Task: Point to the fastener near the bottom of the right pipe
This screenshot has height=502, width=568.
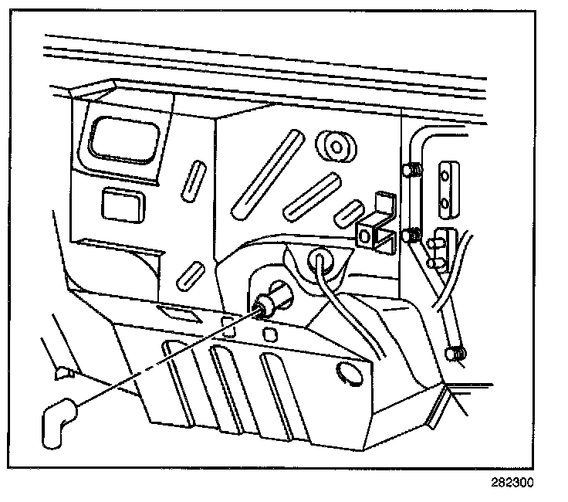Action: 457,354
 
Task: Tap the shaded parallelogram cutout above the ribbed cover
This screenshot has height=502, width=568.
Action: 177,312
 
